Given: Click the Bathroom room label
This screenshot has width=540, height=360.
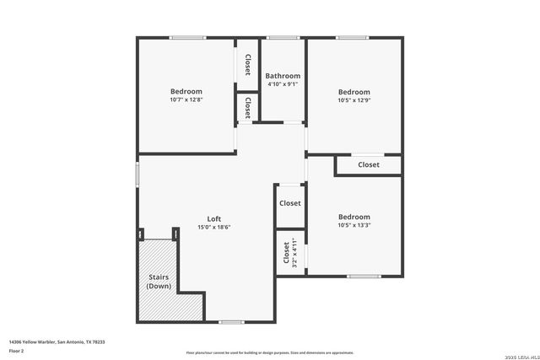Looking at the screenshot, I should click(x=283, y=76).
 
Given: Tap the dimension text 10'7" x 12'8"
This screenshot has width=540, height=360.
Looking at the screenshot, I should click(x=186, y=99).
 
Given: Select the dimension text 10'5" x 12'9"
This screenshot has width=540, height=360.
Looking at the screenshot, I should click(x=354, y=100).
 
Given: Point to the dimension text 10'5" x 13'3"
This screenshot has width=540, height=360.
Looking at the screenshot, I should click(x=354, y=225).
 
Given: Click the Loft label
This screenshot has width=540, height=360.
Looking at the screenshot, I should click(x=214, y=218).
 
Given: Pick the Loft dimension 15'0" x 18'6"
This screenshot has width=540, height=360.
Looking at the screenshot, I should click(x=214, y=227).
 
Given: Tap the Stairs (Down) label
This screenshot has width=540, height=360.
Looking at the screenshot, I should click(x=159, y=281).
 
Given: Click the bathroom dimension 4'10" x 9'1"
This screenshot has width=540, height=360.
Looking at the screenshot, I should click(x=283, y=84).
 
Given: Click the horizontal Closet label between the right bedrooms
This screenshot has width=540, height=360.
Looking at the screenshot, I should click(x=369, y=164).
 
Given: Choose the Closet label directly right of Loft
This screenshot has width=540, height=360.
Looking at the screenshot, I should click(x=290, y=203).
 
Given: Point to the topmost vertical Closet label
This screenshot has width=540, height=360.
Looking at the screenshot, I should click(x=247, y=65).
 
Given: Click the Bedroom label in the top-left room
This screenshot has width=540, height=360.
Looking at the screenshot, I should click(x=186, y=91).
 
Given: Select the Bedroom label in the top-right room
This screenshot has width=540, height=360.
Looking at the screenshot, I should click(x=354, y=92).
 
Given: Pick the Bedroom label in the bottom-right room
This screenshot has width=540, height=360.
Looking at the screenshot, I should click(x=354, y=217).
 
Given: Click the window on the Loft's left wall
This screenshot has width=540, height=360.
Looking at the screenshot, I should click(x=138, y=173).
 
